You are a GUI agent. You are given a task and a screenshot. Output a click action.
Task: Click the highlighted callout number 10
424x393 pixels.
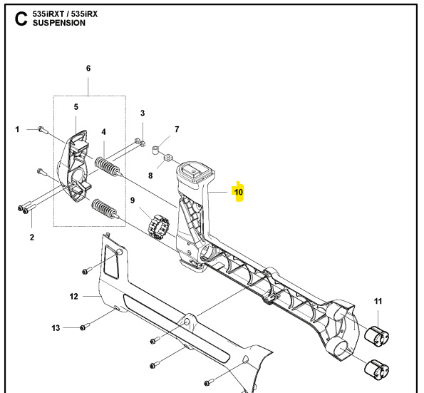point(239,192)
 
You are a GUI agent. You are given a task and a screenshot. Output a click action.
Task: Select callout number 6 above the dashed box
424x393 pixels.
point(88,68)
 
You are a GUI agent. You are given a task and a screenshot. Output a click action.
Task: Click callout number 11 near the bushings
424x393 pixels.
point(378,302)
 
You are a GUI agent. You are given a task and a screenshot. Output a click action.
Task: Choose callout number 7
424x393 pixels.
point(177,129)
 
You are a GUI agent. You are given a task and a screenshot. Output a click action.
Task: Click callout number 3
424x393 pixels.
point(143,113)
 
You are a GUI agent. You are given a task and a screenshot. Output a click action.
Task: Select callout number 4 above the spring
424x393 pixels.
point(104,132)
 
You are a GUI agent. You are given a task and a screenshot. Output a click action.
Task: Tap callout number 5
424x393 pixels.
point(76,107)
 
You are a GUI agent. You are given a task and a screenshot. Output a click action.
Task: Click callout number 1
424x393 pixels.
point(18,129)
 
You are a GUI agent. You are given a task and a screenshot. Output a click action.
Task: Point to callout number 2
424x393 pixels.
point(31,237)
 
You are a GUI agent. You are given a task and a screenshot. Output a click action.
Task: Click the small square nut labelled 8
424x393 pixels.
point(168,158)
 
